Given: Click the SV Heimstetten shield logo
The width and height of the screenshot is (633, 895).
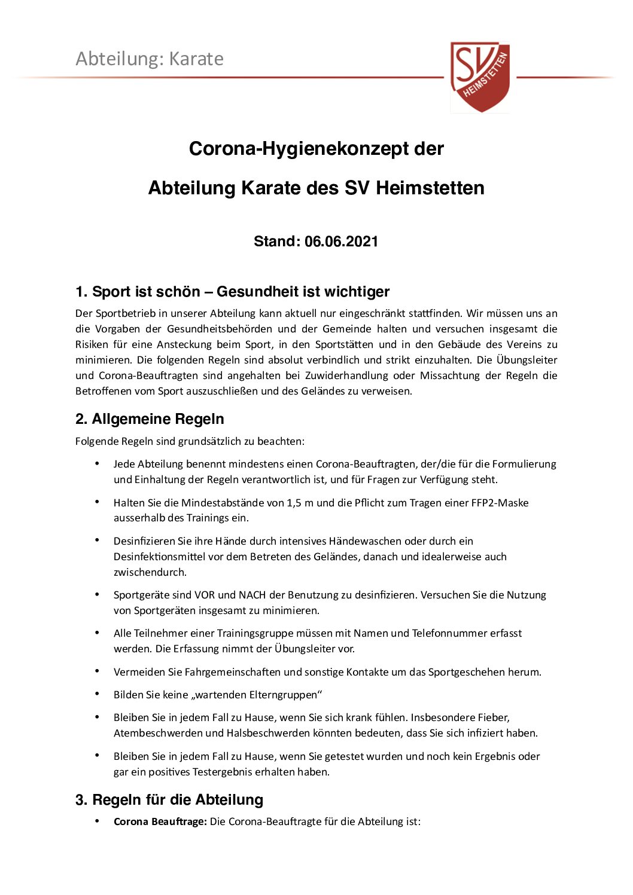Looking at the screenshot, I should pyautogui.click(x=480, y=77).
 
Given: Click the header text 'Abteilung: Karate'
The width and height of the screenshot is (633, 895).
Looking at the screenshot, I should pyautogui.click(x=150, y=59).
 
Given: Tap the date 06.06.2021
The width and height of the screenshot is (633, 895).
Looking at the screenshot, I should pyautogui.click(x=341, y=242).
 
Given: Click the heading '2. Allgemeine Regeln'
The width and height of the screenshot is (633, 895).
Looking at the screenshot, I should pyautogui.click(x=150, y=419).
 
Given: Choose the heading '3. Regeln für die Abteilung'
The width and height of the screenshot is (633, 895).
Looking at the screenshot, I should pyautogui.click(x=169, y=800).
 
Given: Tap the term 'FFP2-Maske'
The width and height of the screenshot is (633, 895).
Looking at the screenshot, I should pyautogui.click(x=499, y=503).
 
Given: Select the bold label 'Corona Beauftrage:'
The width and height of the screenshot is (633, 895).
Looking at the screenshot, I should pyautogui.click(x=160, y=821).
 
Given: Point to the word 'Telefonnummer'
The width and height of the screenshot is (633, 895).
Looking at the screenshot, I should pyautogui.click(x=449, y=633).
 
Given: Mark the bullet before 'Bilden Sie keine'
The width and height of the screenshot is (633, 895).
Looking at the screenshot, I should pyautogui.click(x=97, y=694).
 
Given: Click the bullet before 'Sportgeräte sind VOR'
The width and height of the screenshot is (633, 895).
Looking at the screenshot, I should pyautogui.click(x=97, y=594).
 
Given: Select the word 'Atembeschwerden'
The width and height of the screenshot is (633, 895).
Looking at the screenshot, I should pyautogui.click(x=152, y=733).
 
